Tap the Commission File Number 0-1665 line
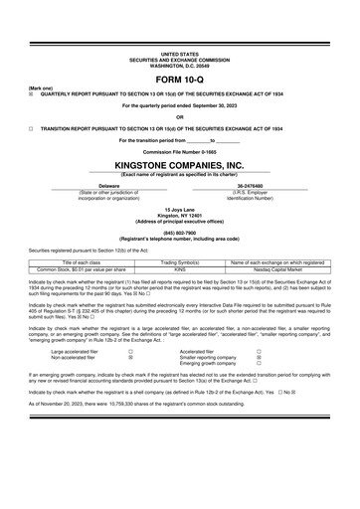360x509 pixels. coord(180,151)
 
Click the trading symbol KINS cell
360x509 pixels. coord(180,268)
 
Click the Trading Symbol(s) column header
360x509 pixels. coord(180,261)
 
